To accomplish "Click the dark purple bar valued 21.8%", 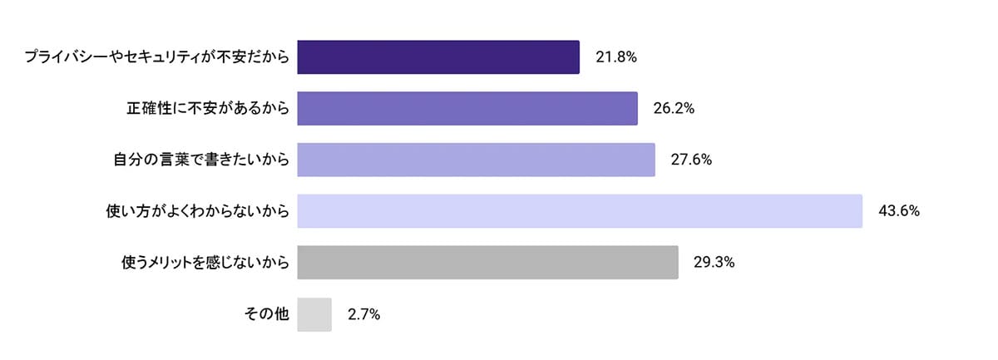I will pos(437,57).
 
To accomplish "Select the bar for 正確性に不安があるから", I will pos(467,109).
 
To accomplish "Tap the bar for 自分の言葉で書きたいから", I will pos(476,160).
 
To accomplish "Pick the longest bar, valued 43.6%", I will pos(579,211).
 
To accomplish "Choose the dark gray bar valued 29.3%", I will pos(487,263).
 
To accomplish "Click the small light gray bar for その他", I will pos(314,314).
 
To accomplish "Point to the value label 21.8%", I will pos(616,57).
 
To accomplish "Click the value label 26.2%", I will pos(674,109).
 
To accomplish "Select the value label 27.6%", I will pos(691,160).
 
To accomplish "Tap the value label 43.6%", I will pos(898,211).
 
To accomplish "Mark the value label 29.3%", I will pos(714,263).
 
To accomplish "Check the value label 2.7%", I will pos(364,314).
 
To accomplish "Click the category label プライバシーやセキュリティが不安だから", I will pos(156,57).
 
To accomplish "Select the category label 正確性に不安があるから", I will pos(208,109).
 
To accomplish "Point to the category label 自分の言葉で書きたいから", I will pos(201,160).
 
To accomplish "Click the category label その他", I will pos(267,314).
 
